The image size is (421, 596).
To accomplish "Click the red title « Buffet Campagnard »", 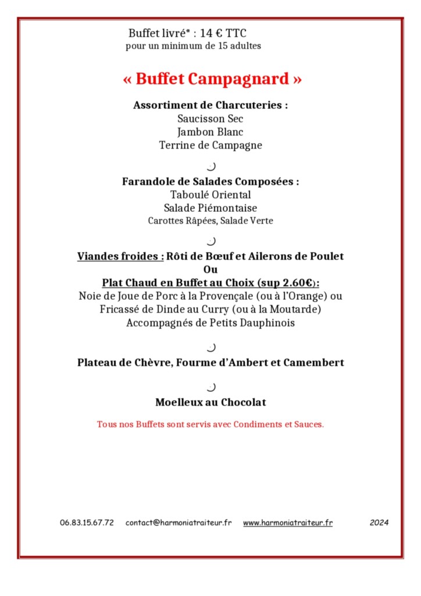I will click(212, 79).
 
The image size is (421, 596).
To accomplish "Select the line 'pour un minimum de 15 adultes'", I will click(194, 46).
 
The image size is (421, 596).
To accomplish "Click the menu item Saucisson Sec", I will click(211, 119).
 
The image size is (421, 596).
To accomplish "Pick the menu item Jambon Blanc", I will click(211, 132).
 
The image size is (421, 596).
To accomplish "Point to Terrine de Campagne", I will click(211, 146).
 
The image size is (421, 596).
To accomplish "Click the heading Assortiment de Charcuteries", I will click(211, 105).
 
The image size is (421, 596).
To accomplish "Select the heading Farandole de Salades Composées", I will click(211, 182).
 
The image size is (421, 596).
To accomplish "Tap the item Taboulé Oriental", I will click(211, 195).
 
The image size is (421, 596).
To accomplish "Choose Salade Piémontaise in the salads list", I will click(211, 208).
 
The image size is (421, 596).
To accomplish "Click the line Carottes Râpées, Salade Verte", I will click(211, 221).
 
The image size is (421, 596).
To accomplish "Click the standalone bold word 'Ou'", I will click(211, 269).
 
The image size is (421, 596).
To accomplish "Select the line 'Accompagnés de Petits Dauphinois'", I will click(211, 323).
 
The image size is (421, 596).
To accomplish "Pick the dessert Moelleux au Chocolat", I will click(211, 402).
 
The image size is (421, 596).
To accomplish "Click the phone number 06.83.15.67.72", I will click(87, 523).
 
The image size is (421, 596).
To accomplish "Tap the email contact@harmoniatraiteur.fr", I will click(179, 523).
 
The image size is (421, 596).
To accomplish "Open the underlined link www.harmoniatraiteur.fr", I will click(288, 523).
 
